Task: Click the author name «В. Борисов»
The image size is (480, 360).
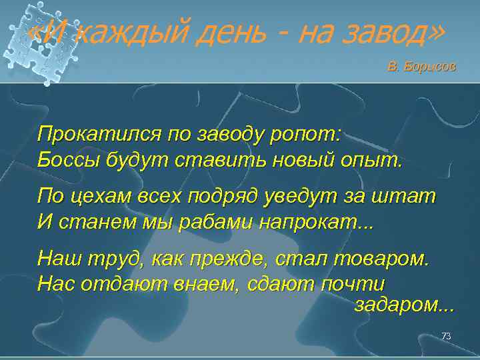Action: tap(422, 67)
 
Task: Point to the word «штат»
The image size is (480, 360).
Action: tap(411, 197)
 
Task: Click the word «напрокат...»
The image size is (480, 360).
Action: tap(317, 222)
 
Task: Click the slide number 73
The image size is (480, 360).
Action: tap(446, 336)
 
